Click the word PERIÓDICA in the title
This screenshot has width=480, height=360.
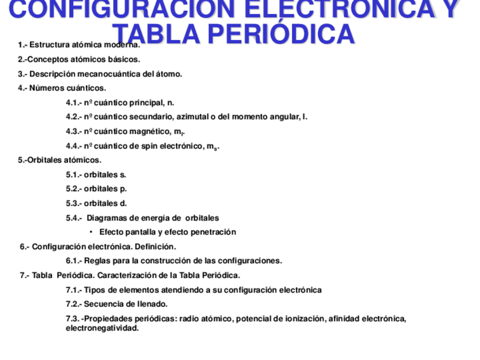280,35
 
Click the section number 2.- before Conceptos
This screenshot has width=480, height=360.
23,59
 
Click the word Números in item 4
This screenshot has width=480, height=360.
47,88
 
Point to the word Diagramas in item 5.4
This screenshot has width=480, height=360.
108,218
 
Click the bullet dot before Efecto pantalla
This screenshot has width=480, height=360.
91,232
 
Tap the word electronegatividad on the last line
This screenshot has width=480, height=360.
102,328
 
